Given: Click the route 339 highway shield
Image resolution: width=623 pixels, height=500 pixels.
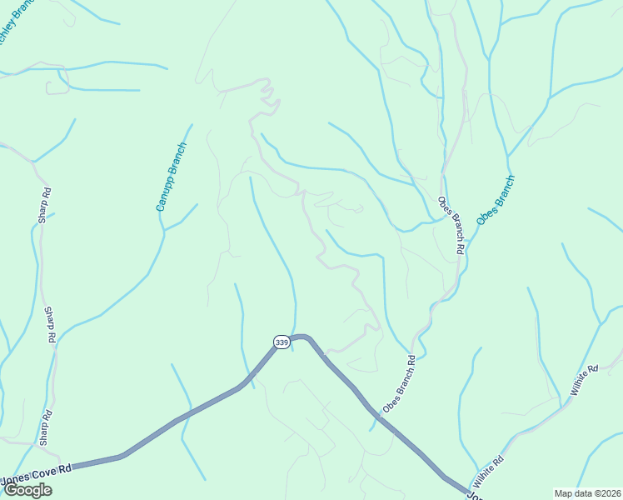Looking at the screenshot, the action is click(282, 342).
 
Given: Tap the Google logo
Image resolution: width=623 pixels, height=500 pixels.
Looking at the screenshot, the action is click(28, 490).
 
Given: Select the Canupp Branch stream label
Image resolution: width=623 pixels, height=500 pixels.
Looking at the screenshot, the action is click(172, 177).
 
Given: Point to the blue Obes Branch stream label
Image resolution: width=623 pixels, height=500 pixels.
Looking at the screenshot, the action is click(496, 199).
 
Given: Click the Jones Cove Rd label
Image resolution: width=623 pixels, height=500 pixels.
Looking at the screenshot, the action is click(37, 472).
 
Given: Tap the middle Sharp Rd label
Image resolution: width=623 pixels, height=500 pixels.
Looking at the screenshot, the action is click(49, 324).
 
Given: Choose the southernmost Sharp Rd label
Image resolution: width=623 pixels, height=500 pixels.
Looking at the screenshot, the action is click(45, 427).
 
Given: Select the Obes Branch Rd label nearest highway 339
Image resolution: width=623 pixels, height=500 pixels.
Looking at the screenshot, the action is click(398, 384).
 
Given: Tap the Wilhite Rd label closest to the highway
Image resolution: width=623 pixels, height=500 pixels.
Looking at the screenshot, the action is click(488, 471).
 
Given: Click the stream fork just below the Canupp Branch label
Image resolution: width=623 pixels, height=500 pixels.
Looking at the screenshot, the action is click(164, 230).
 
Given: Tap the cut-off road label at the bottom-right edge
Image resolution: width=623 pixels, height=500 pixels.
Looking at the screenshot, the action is click(471, 496).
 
